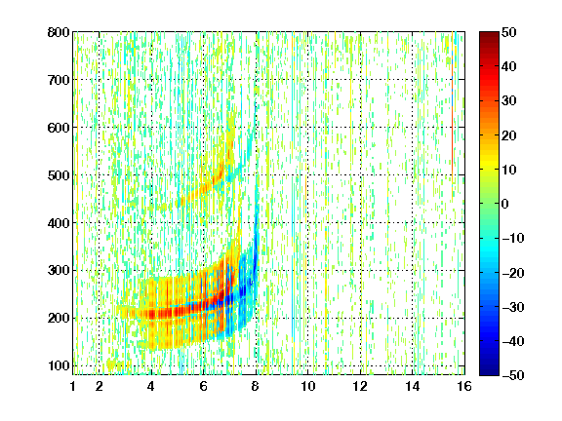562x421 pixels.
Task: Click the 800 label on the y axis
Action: tap(59, 32)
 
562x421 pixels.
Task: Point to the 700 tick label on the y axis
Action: tap(59, 80)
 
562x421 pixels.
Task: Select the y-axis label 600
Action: tap(59, 128)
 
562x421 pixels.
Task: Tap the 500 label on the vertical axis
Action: tap(59, 175)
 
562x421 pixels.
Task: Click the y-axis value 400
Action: tap(59, 223)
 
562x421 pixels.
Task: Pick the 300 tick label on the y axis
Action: tap(59, 270)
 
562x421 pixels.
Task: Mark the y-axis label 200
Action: tap(59, 318)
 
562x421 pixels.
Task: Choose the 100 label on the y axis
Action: tap(59, 365)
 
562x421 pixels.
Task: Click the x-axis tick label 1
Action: tap(73, 386)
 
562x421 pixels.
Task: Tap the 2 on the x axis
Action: tap(100, 386)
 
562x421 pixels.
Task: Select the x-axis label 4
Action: tap(151, 386)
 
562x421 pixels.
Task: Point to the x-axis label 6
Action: tap(203, 386)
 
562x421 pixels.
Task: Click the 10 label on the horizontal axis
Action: tap(308, 386)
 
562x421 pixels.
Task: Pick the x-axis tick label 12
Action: tap(360, 386)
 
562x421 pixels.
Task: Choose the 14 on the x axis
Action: tap(413, 386)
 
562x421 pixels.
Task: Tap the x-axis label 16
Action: tap(464, 386)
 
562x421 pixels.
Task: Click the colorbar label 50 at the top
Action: tap(508, 32)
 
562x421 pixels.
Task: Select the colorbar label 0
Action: tap(505, 204)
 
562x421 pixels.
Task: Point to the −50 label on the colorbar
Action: tap(513, 375)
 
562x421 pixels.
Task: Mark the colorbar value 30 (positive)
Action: tap(508, 100)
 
